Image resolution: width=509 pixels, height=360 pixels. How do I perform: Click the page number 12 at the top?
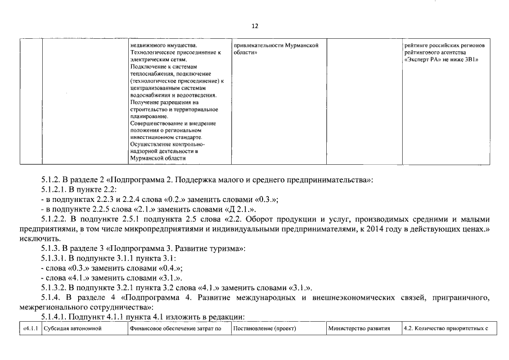click(x=254, y=26)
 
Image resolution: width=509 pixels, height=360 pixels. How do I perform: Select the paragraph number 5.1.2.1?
click(x=55, y=190)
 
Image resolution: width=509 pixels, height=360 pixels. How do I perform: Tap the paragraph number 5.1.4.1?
click(x=55, y=317)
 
